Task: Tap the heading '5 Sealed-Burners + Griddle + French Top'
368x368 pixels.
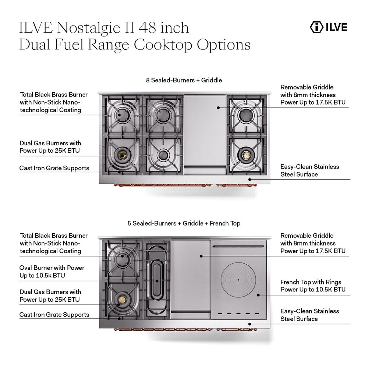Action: [x=184, y=223]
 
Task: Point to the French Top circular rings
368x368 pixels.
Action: [x=238, y=280]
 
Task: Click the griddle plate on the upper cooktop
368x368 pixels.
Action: [x=205, y=129]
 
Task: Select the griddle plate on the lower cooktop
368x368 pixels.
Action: [x=190, y=276]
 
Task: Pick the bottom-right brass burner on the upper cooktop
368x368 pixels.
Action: [x=245, y=155]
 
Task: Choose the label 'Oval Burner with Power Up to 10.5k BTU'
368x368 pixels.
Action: [x=52, y=272]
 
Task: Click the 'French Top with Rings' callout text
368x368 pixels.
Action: [x=313, y=286]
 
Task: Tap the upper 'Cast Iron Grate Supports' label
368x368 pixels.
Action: [x=54, y=168]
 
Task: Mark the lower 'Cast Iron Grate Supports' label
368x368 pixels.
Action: [x=54, y=315]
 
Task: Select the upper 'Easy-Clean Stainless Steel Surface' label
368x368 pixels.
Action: [x=309, y=170]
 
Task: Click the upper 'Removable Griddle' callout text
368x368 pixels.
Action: [x=313, y=95]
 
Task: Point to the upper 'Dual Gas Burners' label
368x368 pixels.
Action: [x=50, y=147]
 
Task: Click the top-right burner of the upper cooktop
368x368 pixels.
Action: [x=245, y=116]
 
